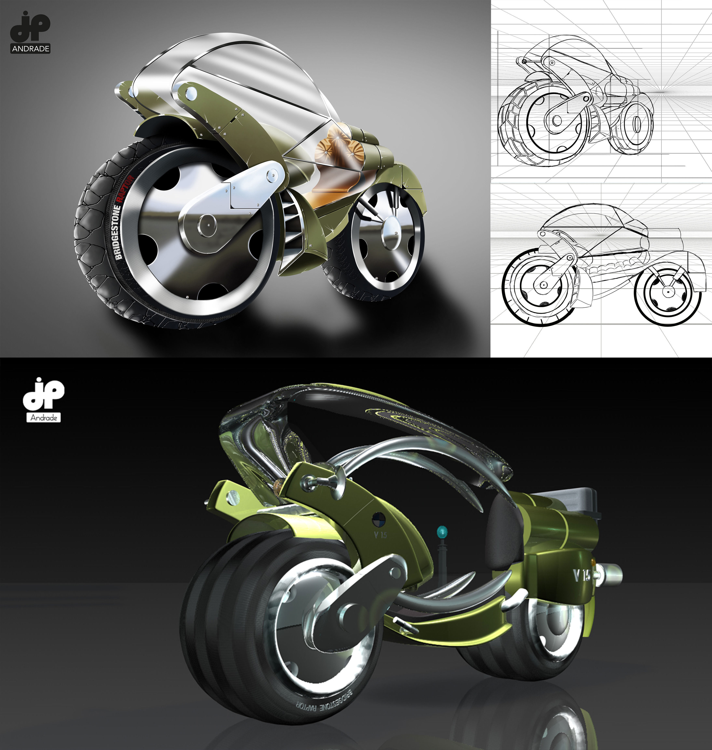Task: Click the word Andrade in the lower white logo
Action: (44, 418)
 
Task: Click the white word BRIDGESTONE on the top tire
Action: (118, 232)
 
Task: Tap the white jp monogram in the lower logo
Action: (44, 394)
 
